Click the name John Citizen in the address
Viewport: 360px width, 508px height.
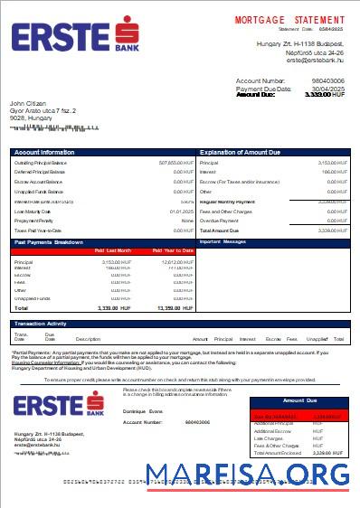(28, 104)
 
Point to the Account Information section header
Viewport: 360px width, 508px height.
(44, 153)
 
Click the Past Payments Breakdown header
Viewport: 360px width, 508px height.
(51, 242)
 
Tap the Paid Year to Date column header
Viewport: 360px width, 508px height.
(172, 250)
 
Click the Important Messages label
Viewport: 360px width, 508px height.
(222, 242)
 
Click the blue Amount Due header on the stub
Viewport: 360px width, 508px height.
(301, 400)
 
